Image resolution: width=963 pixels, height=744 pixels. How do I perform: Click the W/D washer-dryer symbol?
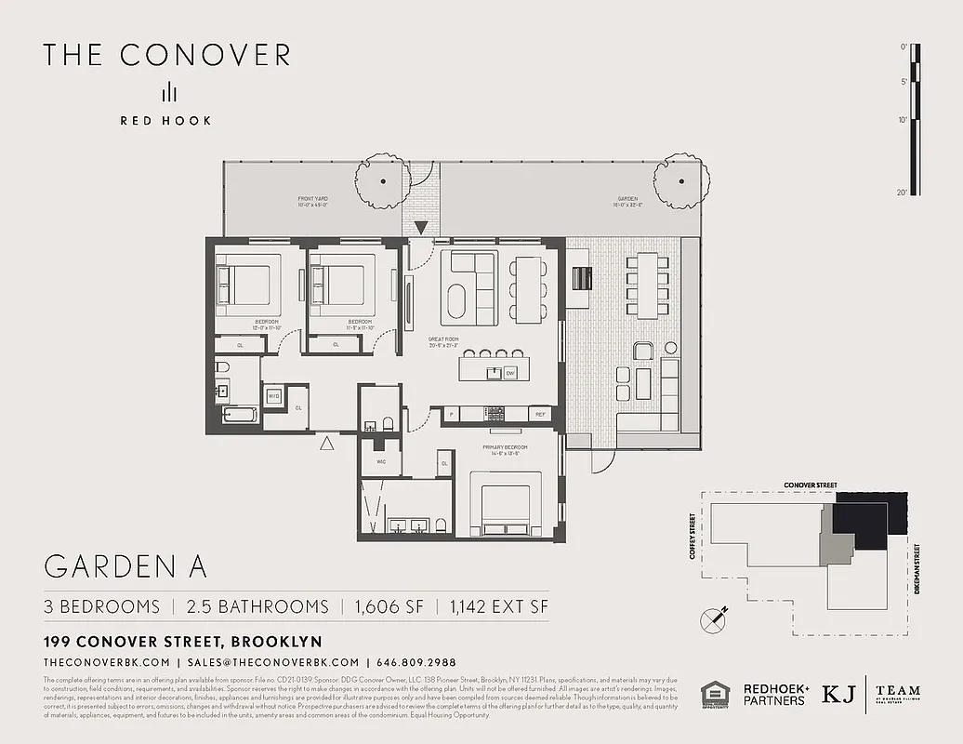[x=274, y=396]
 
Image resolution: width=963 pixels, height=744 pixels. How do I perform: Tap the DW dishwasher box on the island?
[x=510, y=373]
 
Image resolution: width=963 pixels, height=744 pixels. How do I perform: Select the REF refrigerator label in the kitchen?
[x=539, y=414]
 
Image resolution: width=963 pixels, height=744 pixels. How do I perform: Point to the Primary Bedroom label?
[x=505, y=448]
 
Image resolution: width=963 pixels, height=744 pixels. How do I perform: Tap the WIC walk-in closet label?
[x=380, y=461]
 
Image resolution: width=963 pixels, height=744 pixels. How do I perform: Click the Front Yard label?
[x=313, y=200]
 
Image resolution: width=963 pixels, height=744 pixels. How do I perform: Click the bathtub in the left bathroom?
[x=238, y=416]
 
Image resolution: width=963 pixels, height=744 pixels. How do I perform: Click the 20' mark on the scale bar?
[x=903, y=192]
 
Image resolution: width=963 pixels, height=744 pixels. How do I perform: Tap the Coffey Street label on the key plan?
[x=694, y=539]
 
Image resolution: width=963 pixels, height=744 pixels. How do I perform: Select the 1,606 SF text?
[x=389, y=606]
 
